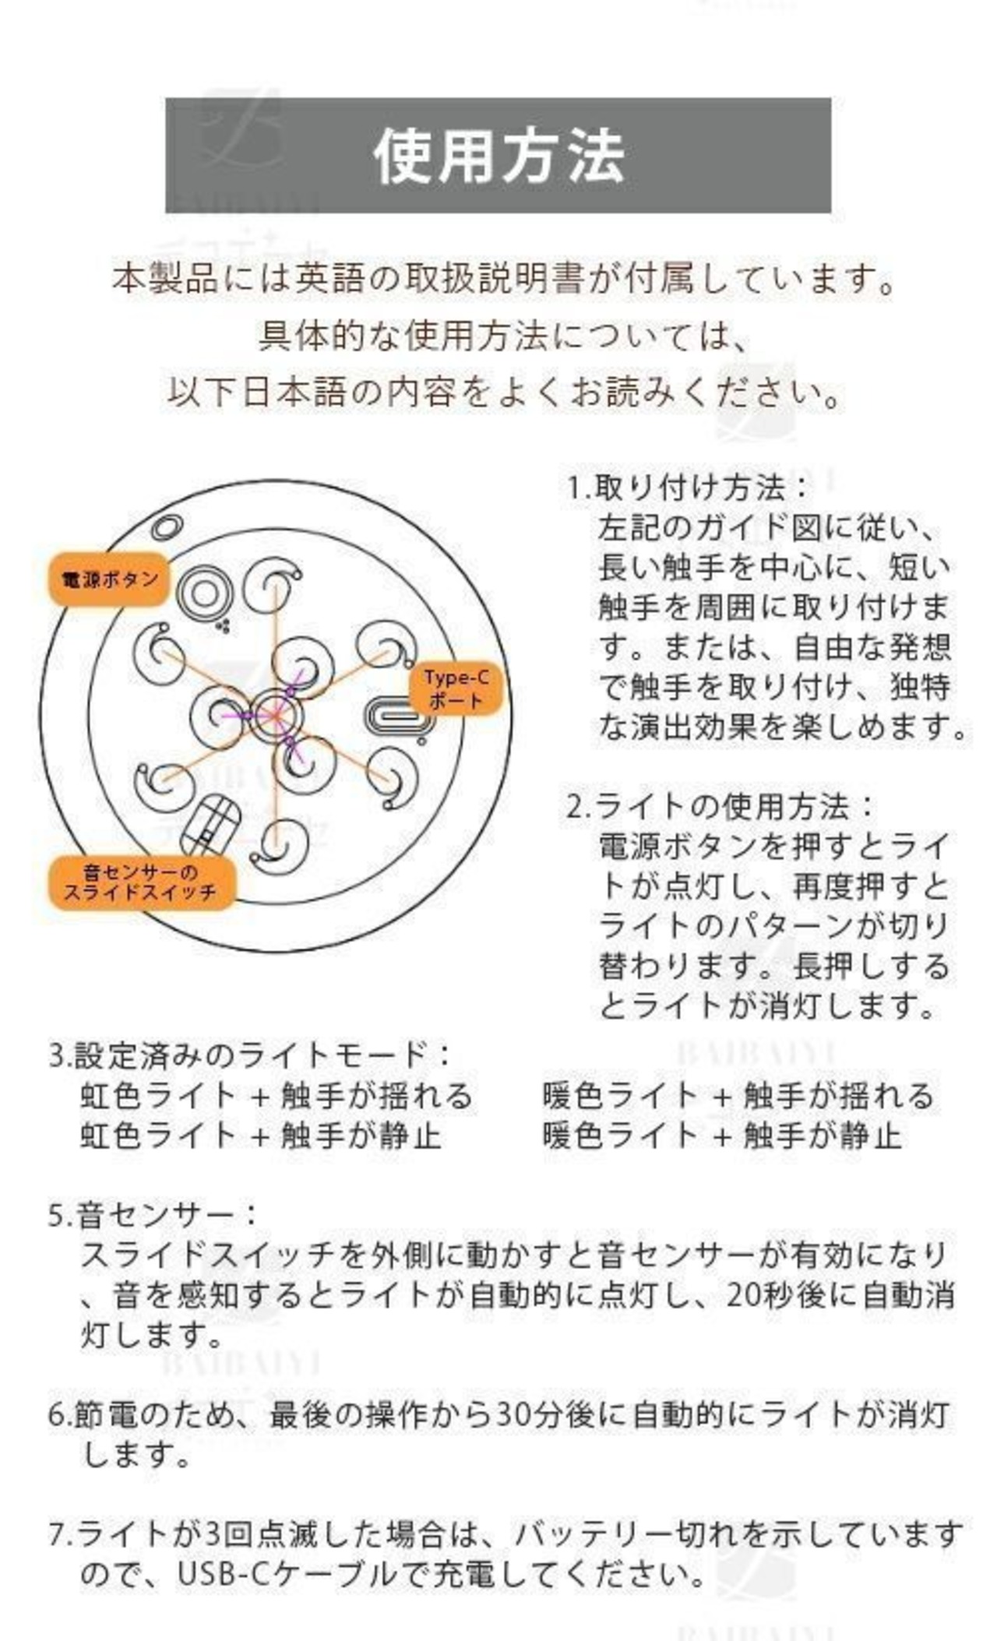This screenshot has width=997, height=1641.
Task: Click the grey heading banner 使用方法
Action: click(498, 155)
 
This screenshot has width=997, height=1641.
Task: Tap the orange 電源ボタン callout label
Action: click(109, 579)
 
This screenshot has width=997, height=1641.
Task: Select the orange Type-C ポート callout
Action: click(456, 688)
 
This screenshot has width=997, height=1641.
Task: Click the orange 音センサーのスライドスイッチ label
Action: click(141, 882)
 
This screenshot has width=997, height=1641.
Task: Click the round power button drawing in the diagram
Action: click(204, 594)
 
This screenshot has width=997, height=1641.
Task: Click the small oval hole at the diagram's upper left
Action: click(167, 527)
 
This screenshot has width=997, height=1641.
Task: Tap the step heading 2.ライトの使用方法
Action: click(720, 806)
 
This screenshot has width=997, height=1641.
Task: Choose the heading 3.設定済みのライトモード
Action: click(249, 1055)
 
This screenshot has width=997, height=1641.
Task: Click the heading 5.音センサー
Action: click(152, 1215)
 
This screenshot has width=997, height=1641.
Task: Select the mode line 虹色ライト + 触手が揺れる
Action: click(277, 1096)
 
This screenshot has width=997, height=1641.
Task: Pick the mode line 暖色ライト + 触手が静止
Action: click(721, 1136)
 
